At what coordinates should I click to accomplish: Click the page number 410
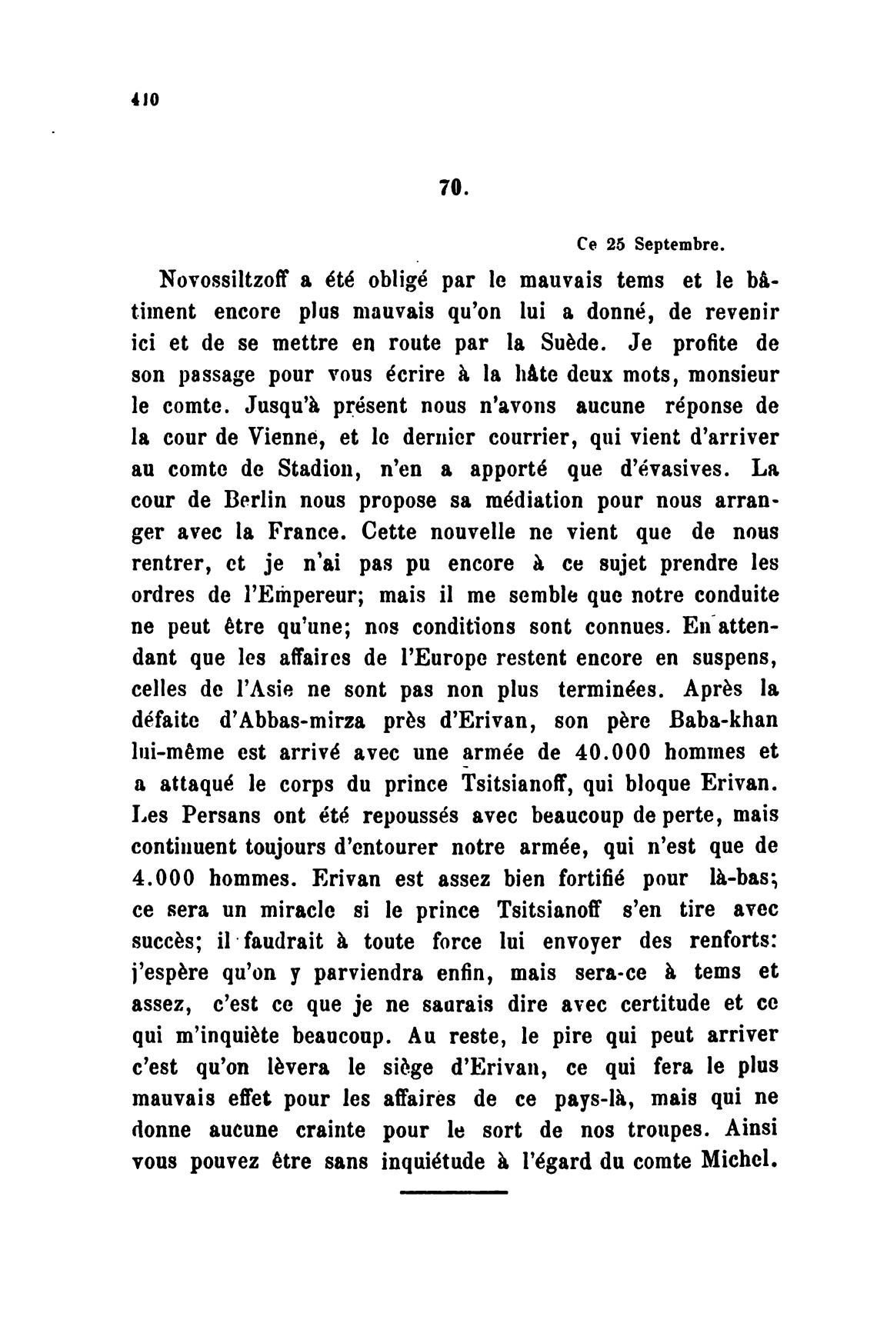tap(144, 99)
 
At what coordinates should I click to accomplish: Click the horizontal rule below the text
tap(454, 1192)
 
